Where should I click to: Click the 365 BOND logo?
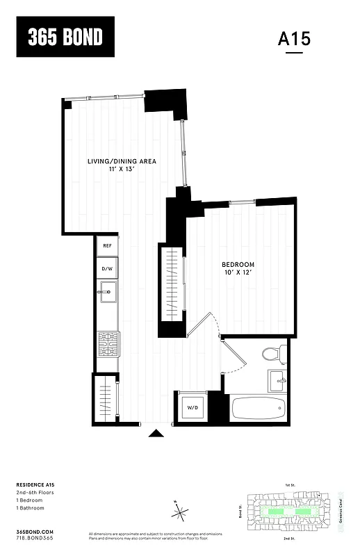65,37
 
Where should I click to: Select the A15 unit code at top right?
294,39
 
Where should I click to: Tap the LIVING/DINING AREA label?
122,161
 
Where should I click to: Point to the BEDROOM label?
238,265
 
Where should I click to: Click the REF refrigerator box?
107,245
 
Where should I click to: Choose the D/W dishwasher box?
107,268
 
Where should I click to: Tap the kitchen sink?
106,293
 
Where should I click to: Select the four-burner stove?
107,342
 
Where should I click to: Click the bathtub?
258,407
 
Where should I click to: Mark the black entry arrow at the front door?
157,434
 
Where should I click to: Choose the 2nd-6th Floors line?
38,492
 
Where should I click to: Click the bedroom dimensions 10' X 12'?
238,272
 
